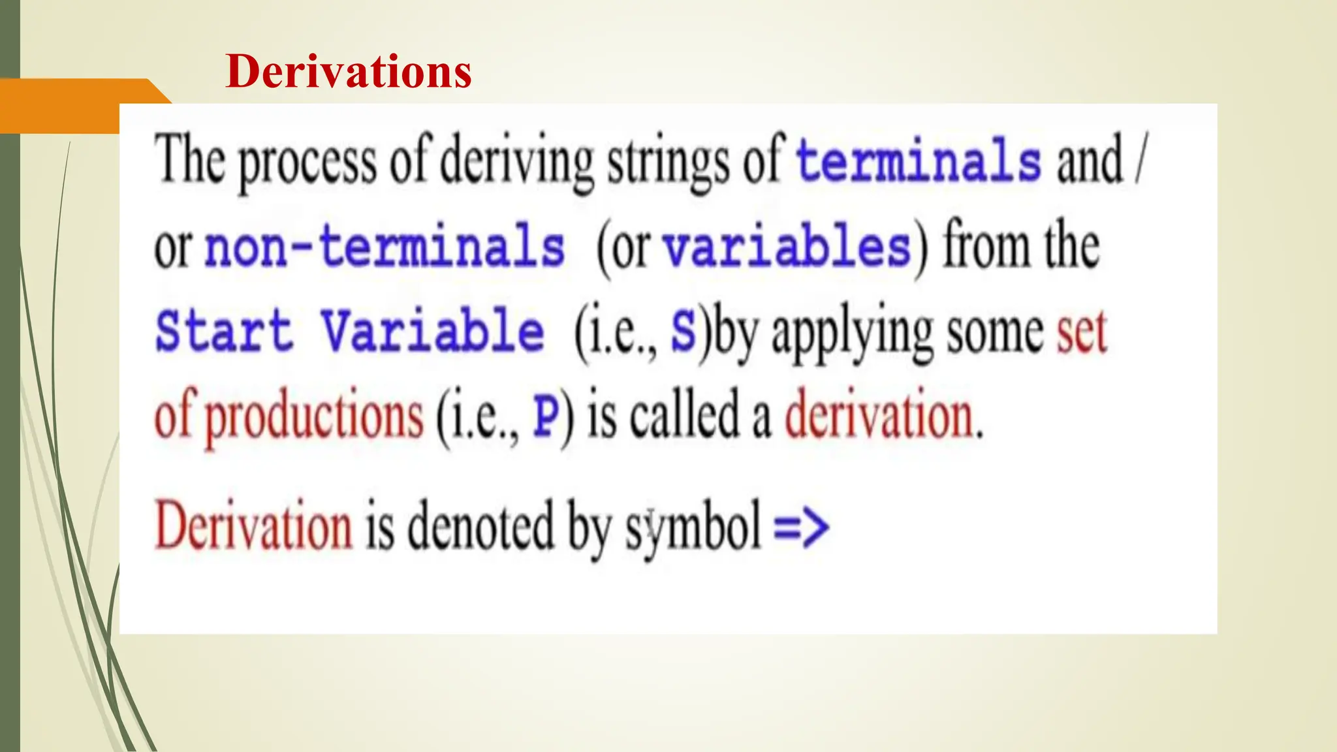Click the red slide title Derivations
348,71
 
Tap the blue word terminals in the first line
919,161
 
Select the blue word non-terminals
385,247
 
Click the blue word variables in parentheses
787,248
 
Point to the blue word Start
224,331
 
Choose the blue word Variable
432,331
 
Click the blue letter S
684,332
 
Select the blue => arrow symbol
801,527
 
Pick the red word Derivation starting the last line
253,527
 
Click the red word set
1082,332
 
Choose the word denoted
481,527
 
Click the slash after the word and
1140,160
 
